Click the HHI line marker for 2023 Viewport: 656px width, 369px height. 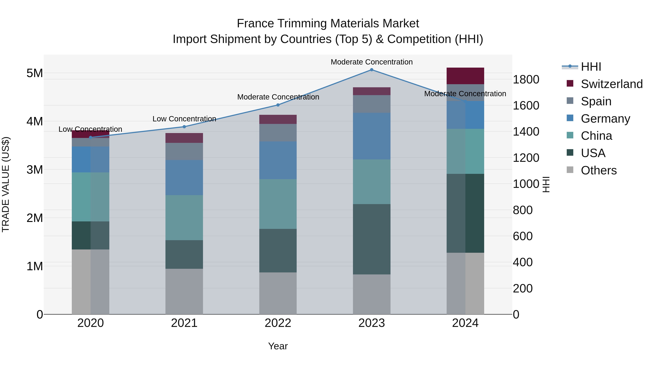(x=372, y=70)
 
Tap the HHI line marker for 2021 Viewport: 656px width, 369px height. (x=184, y=127)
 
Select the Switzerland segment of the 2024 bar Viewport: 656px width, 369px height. (x=465, y=76)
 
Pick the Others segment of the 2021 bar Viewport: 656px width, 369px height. (x=184, y=291)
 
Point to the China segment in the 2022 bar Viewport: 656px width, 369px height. (x=278, y=204)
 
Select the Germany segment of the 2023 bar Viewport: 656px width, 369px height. (x=372, y=136)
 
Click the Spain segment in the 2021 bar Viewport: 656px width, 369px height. (x=184, y=152)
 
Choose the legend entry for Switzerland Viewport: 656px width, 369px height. (x=611, y=84)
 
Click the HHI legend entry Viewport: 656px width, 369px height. (x=591, y=67)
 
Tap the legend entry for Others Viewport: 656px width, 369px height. (x=598, y=170)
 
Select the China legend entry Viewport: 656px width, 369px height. (x=596, y=136)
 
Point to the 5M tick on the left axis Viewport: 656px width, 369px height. (x=35, y=73)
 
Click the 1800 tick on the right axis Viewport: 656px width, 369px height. (x=526, y=79)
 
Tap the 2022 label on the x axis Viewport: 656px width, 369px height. (x=278, y=323)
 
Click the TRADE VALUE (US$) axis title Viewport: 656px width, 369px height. (x=6, y=184)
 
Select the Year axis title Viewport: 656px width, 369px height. (x=278, y=346)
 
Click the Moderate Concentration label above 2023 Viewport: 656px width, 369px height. (x=372, y=62)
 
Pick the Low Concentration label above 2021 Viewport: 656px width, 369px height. (x=184, y=119)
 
